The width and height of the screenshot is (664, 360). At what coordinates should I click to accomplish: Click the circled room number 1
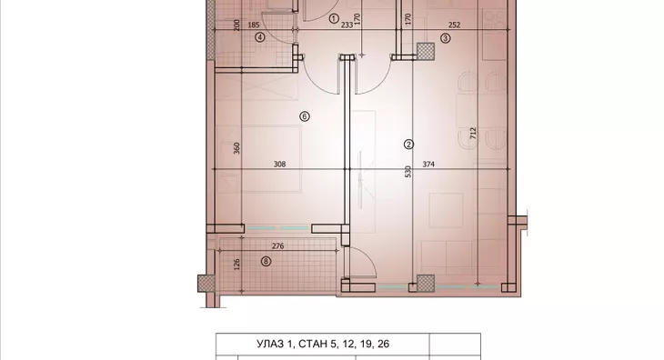333,18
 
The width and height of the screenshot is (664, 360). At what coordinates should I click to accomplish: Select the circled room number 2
408,144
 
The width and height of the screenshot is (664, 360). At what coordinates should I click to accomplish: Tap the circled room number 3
445,38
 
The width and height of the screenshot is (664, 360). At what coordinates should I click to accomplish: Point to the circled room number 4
259,38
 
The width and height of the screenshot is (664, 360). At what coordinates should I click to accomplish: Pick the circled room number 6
305,115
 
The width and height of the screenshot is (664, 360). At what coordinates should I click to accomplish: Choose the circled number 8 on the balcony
266,262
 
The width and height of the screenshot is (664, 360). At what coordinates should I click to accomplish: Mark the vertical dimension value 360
236,148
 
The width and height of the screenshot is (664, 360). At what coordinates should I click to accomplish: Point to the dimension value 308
280,165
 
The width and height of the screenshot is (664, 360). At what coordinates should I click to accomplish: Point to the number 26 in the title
394,345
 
